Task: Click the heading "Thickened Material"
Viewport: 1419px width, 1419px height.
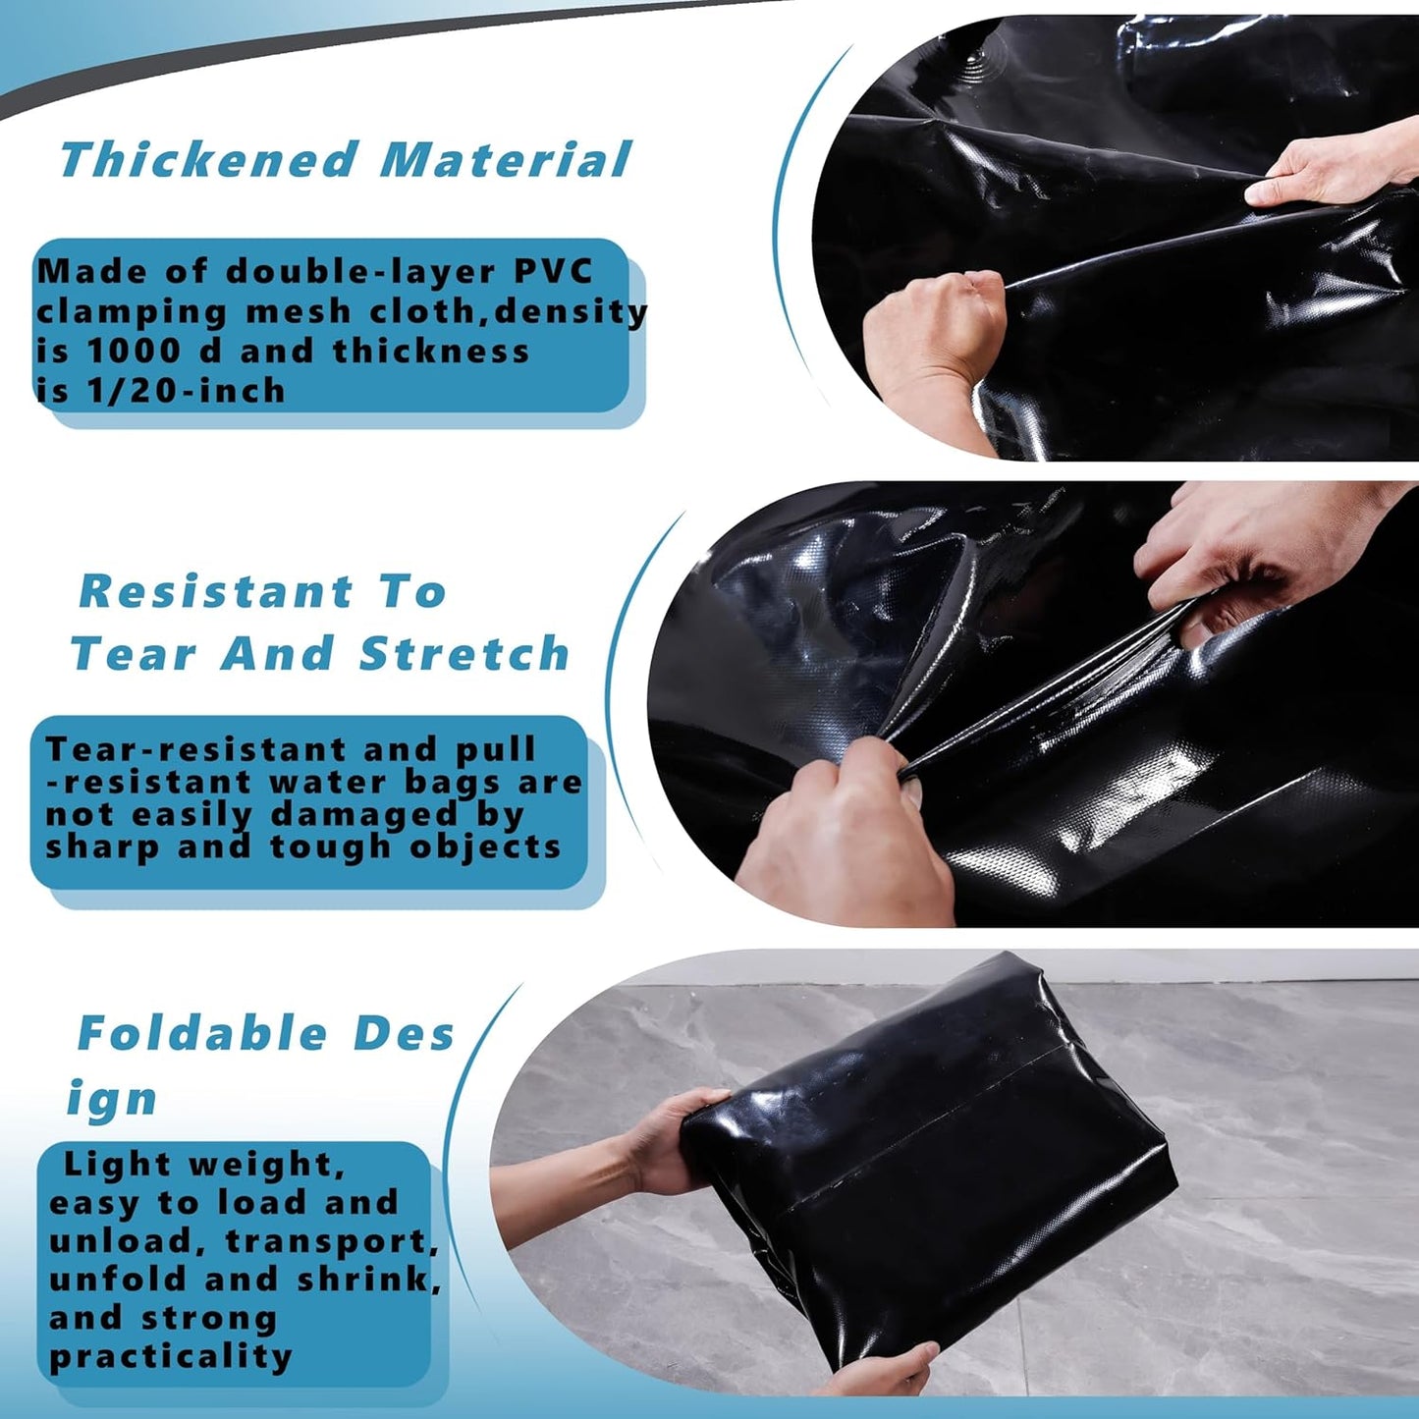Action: tap(345, 160)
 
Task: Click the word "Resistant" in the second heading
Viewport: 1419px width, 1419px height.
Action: tap(215, 591)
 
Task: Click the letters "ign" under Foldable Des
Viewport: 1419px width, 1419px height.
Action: tap(112, 1099)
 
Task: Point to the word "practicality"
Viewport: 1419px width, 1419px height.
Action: tap(171, 1356)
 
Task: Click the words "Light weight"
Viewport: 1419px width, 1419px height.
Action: tap(203, 1165)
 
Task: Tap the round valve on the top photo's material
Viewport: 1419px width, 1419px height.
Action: tap(973, 62)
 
